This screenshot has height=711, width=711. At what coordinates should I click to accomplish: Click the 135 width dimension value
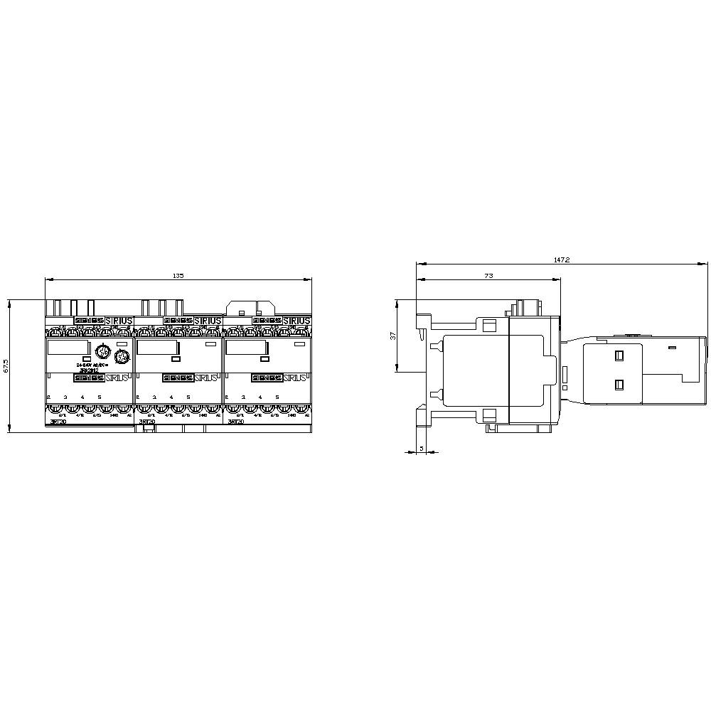pos(177,275)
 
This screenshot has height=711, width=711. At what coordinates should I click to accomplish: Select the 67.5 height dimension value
pos(6,365)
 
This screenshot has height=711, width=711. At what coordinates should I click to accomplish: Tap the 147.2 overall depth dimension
pos(562,260)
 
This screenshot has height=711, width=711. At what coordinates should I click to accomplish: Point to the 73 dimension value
pos(488,275)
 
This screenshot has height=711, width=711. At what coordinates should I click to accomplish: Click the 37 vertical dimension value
pos(392,336)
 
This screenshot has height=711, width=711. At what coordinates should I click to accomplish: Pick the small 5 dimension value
pos(422,448)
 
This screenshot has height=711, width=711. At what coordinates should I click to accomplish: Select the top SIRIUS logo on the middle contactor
pos(207,321)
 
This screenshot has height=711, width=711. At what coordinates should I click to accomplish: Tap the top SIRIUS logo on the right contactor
pos(296,321)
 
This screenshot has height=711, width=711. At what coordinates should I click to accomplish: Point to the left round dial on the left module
pos(102,353)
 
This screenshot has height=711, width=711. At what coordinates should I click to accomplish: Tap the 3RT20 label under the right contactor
pos(235,422)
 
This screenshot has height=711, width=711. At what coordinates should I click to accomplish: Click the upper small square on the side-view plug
pos(618,355)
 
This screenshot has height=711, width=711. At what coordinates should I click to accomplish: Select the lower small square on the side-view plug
pos(618,385)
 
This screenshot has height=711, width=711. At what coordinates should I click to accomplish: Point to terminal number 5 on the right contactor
pos(277,397)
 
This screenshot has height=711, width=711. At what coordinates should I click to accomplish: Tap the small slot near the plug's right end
pos(672,348)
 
